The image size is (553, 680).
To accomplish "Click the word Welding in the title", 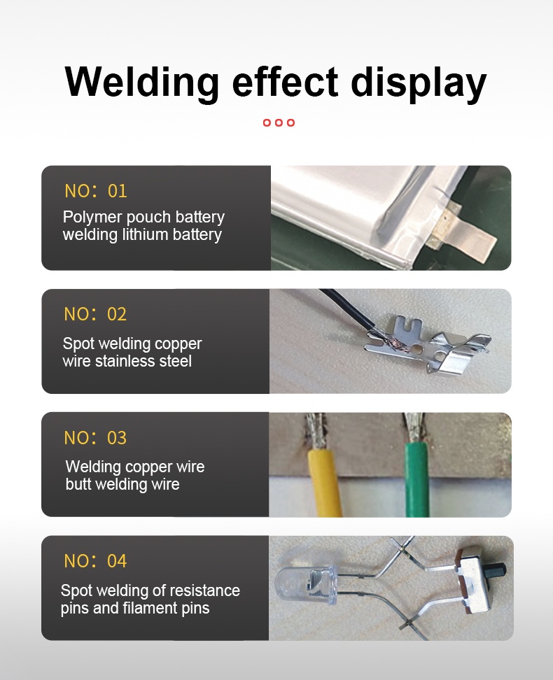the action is click(142, 83).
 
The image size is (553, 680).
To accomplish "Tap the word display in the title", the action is click(418, 83).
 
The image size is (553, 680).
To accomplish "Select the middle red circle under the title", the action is click(279, 122).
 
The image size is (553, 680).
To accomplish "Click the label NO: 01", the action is click(95, 191).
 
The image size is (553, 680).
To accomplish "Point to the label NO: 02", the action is click(95, 314).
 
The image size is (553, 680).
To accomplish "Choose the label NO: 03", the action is click(95, 438).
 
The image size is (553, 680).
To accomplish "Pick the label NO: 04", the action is click(95, 561).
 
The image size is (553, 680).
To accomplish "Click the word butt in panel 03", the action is click(78, 484).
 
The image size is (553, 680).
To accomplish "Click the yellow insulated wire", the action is click(323, 482).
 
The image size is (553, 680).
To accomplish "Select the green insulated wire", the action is click(416, 480).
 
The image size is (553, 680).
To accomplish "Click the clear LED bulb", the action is click(306, 586).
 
